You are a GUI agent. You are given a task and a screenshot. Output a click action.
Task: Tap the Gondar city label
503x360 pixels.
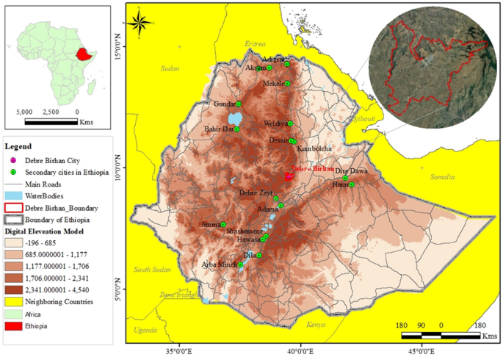click(224, 104)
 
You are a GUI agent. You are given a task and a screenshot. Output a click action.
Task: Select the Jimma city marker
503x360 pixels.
click(223, 224)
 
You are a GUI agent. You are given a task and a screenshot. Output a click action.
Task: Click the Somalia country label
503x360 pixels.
click(444, 176)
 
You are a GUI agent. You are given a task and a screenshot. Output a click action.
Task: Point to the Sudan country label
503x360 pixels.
click(170, 68)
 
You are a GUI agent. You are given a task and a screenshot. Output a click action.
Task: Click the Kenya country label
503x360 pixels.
click(316, 324)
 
